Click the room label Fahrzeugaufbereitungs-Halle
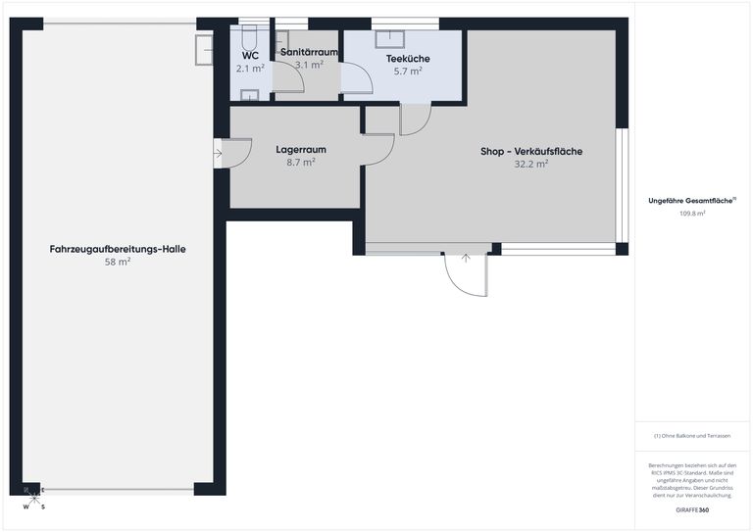click(x=118, y=249)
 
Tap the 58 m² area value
click(x=118, y=263)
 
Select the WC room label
click(x=250, y=56)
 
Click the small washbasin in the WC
click(x=250, y=95)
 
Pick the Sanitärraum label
click(x=309, y=51)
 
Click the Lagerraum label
click(x=300, y=150)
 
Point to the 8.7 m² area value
click(x=300, y=163)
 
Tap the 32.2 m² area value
click(x=530, y=165)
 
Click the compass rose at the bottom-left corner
click(x=33, y=496)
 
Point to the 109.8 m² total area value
click(x=692, y=213)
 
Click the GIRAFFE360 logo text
click(x=692, y=510)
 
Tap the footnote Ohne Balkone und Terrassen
click(x=692, y=436)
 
